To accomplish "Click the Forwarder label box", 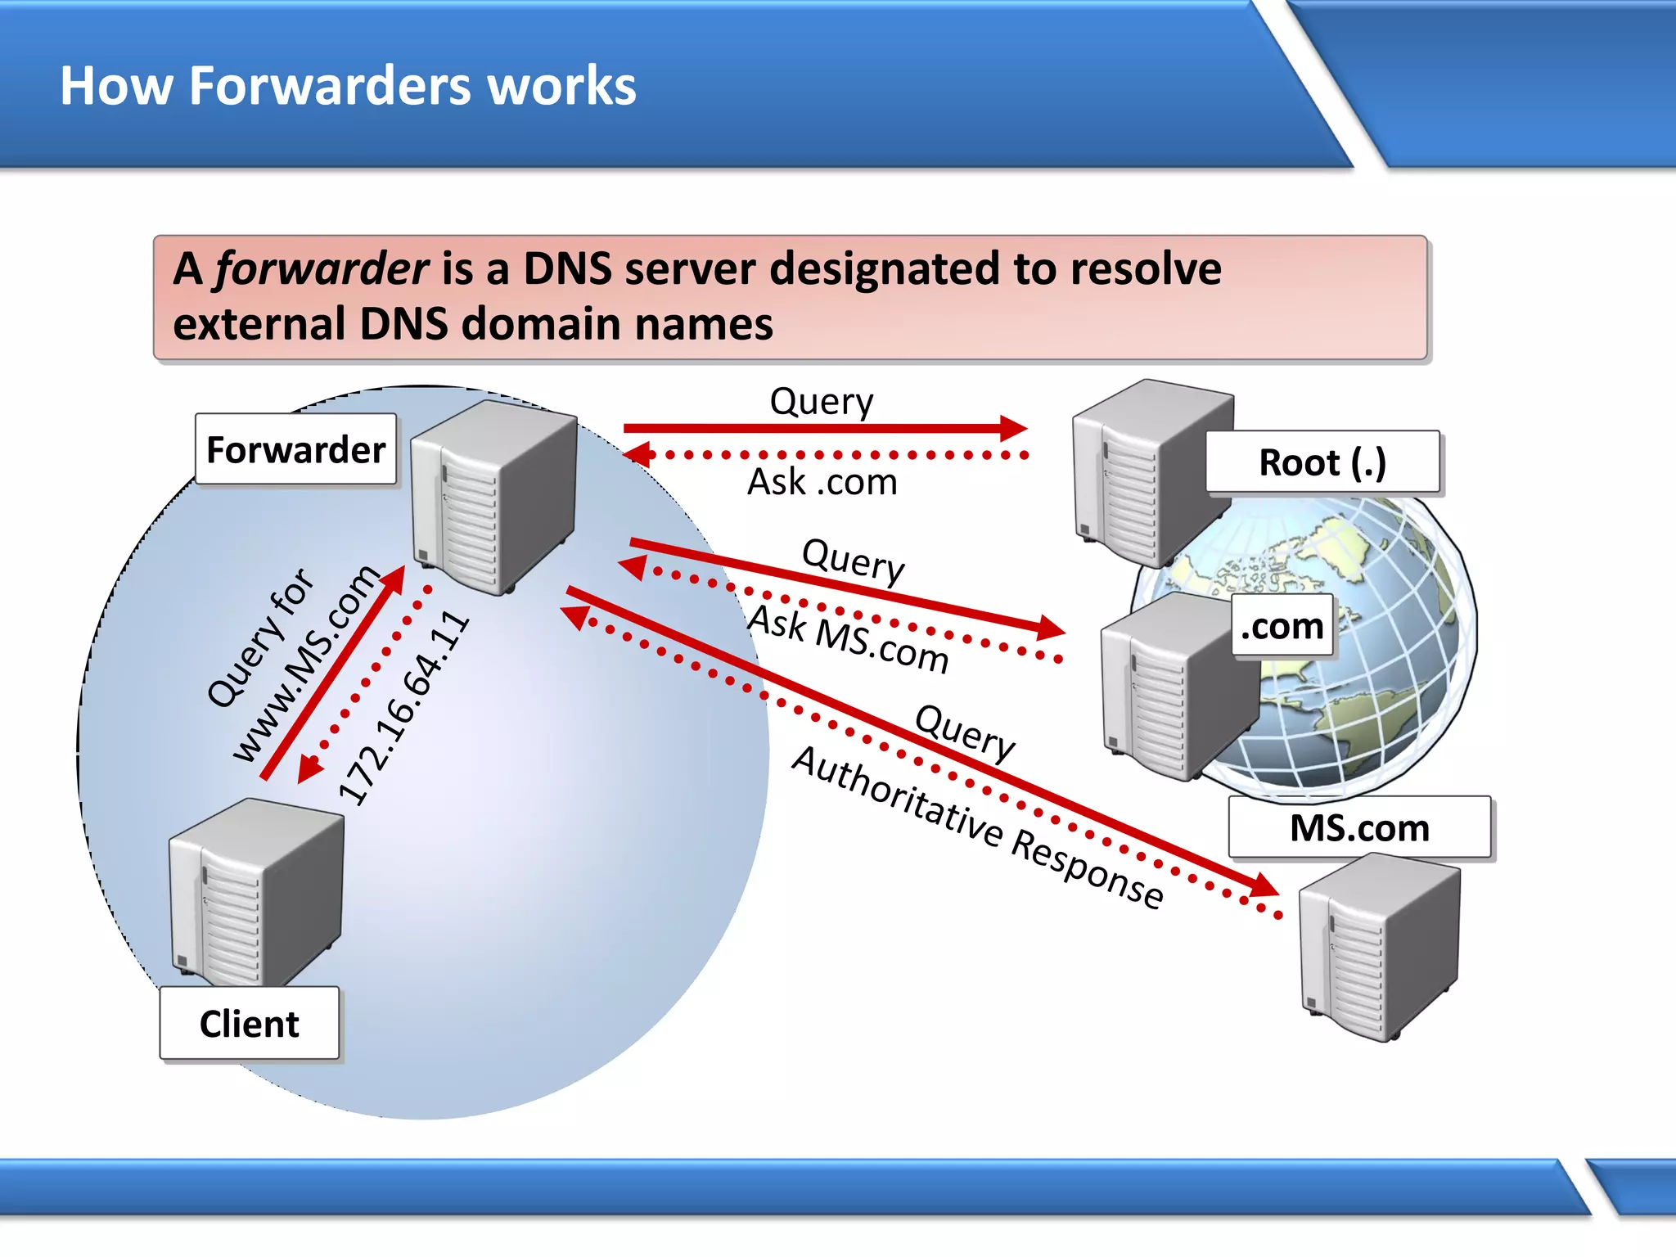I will pos(295,450).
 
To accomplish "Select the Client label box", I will pos(249,1024).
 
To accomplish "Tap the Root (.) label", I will pos(1322,462).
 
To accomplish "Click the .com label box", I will pos(1282,626).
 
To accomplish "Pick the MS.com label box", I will pos(1359,827).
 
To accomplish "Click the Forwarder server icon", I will pos(493,495).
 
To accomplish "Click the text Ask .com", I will pos(822,482).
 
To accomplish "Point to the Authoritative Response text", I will pos(977,827).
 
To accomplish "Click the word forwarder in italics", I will pos(321,268).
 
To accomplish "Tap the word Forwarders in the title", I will pos(331,86).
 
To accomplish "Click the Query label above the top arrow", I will pos(822,401).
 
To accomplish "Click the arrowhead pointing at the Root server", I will pos(1013,428).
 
